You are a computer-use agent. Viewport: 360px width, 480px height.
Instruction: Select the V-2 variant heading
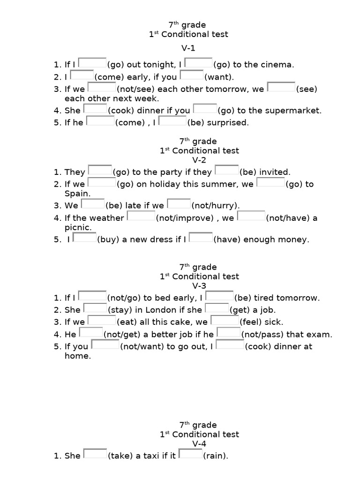click(x=187, y=160)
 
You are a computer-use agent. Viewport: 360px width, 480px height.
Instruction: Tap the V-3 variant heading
click(x=187, y=286)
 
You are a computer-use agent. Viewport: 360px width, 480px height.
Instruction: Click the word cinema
click(x=278, y=65)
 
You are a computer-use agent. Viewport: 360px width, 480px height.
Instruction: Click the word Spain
click(x=77, y=194)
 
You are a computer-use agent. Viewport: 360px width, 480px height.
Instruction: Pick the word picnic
click(x=77, y=227)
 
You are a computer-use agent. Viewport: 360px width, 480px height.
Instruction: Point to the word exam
click(x=321, y=335)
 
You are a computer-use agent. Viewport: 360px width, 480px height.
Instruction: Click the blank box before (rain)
click(x=190, y=454)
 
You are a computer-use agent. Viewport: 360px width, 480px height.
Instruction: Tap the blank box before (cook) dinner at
click(x=230, y=345)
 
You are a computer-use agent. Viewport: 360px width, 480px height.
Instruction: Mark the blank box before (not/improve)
click(x=141, y=217)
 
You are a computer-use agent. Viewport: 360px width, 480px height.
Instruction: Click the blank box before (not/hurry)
click(x=179, y=204)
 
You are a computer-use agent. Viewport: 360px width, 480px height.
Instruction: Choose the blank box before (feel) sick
click(x=225, y=321)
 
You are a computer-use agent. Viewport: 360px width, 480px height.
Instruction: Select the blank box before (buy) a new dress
click(x=85, y=238)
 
